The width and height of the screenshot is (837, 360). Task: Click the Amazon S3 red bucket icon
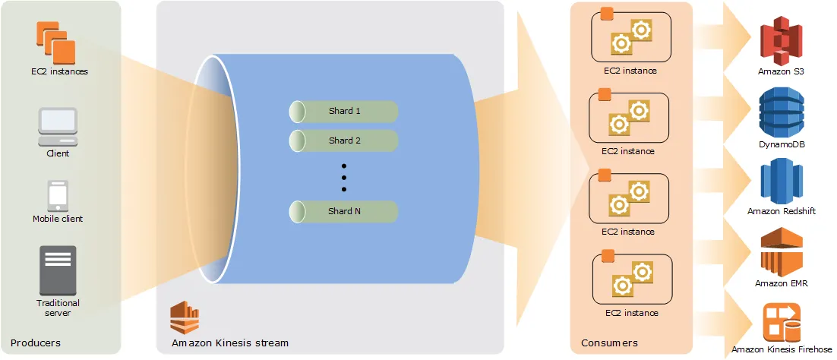(x=782, y=42)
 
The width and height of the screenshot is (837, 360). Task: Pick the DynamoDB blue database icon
(x=782, y=112)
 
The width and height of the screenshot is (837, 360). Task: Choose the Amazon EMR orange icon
(x=782, y=253)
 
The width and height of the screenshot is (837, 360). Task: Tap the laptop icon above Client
(x=58, y=126)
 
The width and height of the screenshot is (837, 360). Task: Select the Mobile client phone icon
(x=58, y=195)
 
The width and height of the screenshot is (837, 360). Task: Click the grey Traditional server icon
(x=58, y=270)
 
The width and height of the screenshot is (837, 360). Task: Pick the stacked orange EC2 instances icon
(x=55, y=43)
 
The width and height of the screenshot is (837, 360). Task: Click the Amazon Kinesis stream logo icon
(x=184, y=317)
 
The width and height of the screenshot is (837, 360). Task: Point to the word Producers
(x=36, y=343)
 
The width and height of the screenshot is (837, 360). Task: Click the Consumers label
(x=609, y=343)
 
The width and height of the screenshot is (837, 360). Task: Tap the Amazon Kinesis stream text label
(x=230, y=343)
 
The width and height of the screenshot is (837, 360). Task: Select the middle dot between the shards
(x=344, y=177)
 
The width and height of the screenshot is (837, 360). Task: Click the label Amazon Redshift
(x=782, y=211)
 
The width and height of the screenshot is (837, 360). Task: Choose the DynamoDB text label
(x=782, y=143)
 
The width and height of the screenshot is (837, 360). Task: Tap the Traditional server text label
(x=58, y=308)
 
